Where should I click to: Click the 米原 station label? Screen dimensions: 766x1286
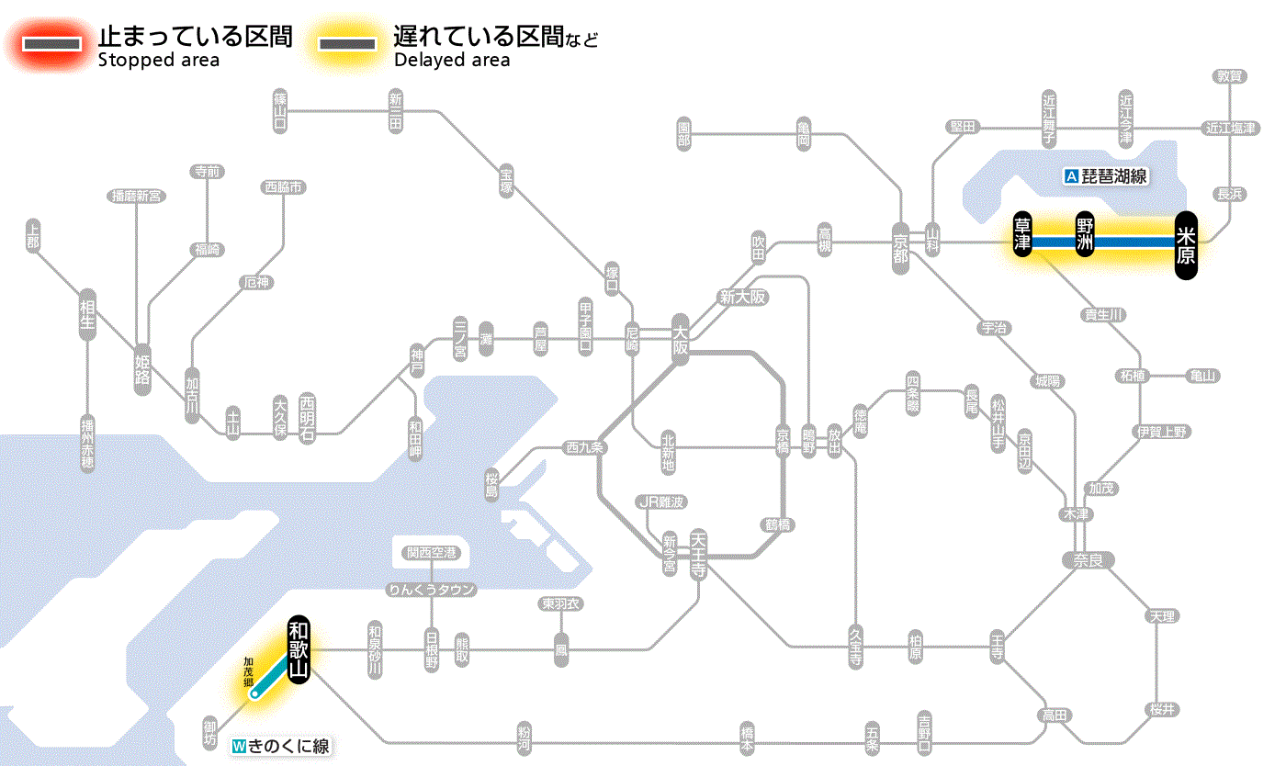click(x=1186, y=242)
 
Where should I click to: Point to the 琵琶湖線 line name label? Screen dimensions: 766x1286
click(x=1106, y=176)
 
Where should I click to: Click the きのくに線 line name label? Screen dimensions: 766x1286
click(x=280, y=746)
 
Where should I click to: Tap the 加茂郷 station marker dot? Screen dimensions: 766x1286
click(x=254, y=694)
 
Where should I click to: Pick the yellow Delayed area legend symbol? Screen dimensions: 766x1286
click(x=346, y=44)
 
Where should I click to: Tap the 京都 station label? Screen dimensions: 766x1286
click(x=900, y=242)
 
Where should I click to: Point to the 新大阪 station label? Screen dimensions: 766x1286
click(x=742, y=297)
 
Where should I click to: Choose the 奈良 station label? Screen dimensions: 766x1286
click(x=1088, y=559)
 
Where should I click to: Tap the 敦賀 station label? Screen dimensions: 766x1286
click(x=1230, y=76)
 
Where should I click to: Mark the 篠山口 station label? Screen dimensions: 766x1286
click(x=279, y=109)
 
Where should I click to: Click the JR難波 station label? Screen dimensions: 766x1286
click(x=661, y=501)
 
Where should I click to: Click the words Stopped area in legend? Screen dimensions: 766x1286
click(x=159, y=61)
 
